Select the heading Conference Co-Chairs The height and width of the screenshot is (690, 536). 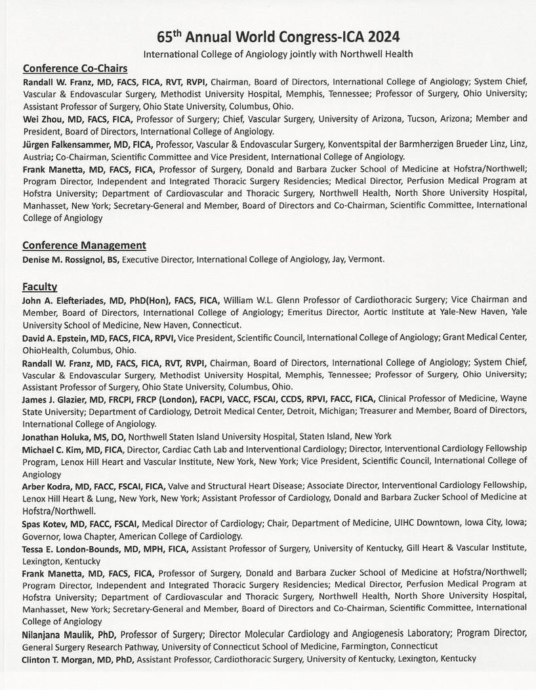[x=75, y=68]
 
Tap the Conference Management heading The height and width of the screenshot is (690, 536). [x=84, y=245]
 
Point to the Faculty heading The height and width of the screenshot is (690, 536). [x=39, y=286]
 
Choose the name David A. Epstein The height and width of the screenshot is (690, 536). [x=58, y=337]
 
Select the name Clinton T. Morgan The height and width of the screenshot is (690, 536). [x=62, y=659]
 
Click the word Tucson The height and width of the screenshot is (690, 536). [x=424, y=119]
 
